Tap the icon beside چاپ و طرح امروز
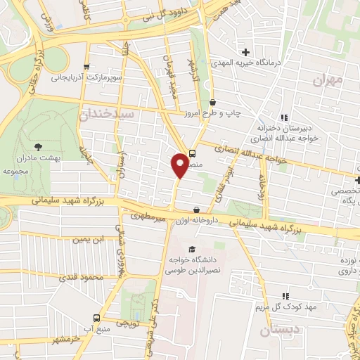[213, 103]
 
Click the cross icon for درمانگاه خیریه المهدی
[245, 53]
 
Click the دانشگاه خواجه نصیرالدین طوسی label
[193, 265]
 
